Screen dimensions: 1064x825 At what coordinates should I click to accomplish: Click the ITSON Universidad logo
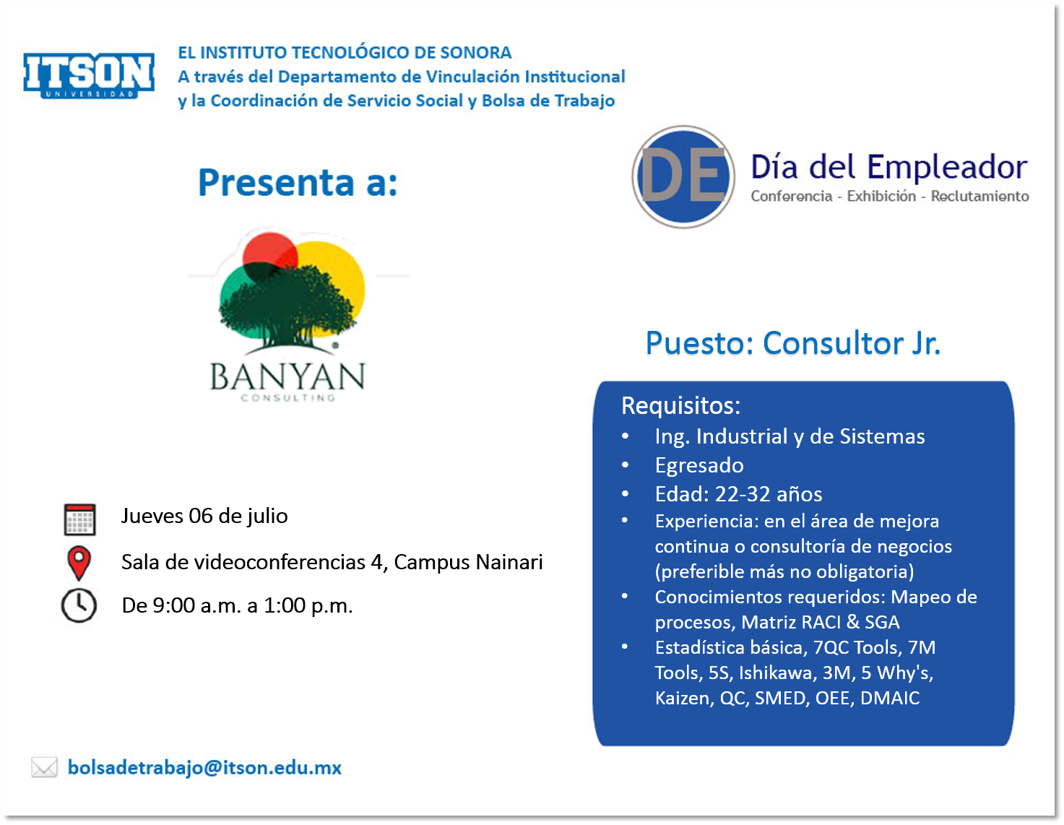[89, 75]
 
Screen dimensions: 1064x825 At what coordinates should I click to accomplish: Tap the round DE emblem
[683, 177]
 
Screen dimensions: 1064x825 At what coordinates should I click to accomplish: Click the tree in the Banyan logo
[287, 308]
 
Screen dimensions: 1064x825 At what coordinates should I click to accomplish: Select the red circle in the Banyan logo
[270, 256]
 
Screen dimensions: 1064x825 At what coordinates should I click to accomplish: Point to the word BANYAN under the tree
[287, 376]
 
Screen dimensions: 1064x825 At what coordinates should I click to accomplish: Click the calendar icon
[79, 519]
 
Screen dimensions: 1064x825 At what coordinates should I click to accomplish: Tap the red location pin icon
[79, 563]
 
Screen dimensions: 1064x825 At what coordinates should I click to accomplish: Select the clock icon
[79, 605]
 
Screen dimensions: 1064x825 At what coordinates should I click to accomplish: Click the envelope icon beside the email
[44, 767]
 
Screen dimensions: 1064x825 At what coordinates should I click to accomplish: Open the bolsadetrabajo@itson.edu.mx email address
[204, 767]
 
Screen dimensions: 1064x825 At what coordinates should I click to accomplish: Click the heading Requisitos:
[680, 405]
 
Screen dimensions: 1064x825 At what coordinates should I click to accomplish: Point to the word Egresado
[699, 466]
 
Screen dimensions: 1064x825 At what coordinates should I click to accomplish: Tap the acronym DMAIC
[890, 698]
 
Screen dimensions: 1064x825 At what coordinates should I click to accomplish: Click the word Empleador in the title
[947, 167]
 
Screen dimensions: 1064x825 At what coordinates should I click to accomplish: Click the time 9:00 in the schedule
[174, 605]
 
